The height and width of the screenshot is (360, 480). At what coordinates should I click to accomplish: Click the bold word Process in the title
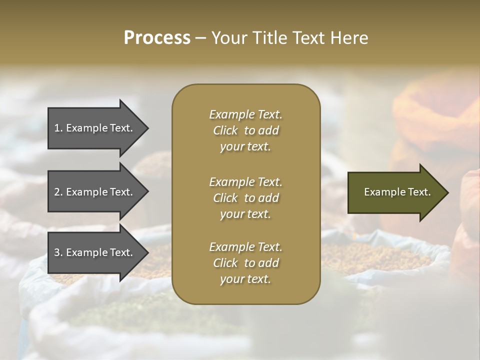(157, 38)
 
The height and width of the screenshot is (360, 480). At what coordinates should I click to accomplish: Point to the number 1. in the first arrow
(58, 128)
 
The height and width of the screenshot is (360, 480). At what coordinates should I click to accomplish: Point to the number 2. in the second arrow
(58, 192)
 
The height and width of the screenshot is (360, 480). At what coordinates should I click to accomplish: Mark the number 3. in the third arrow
(58, 252)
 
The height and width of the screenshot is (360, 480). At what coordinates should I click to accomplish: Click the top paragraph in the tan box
(245, 130)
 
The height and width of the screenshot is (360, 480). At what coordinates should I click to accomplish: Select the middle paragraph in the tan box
(245, 198)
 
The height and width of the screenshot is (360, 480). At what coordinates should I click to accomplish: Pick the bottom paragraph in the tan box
(245, 263)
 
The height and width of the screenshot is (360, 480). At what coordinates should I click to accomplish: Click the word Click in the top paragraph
(225, 130)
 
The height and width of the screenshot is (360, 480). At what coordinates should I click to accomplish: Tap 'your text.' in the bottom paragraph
(245, 279)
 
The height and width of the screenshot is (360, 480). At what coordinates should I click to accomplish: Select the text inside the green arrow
(397, 192)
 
